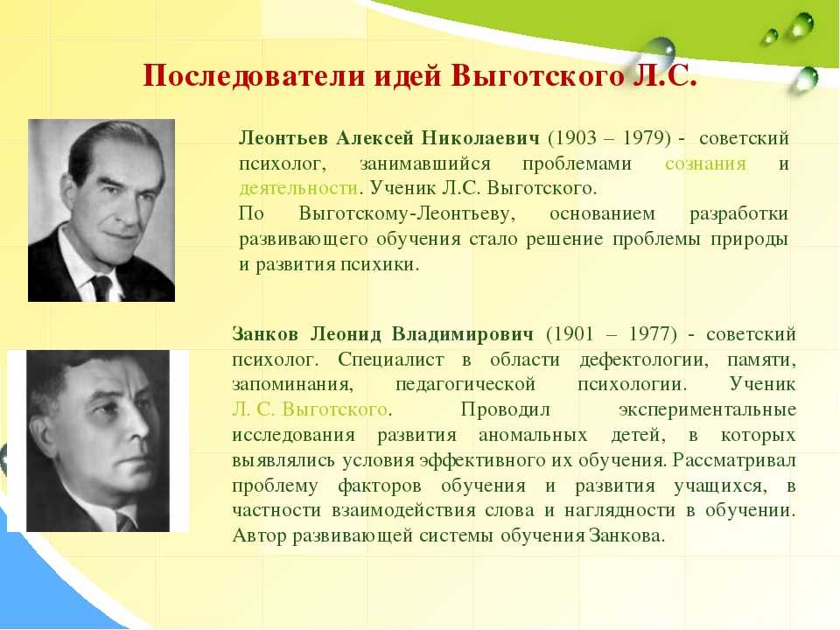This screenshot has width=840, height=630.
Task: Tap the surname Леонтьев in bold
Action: point(283,138)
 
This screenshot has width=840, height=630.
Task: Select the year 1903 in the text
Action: point(576,138)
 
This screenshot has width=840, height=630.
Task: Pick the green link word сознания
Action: point(705,164)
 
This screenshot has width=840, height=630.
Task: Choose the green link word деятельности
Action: point(297,189)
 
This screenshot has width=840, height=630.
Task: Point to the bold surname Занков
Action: point(265,334)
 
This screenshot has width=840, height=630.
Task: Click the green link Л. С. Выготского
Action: point(310,409)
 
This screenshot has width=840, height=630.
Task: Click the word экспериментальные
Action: point(707,409)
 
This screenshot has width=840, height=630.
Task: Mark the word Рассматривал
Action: point(734,460)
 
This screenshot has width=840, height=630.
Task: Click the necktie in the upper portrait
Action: point(101,287)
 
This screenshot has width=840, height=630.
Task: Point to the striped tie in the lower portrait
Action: point(126,521)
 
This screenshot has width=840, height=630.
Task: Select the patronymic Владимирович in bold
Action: point(463,334)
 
